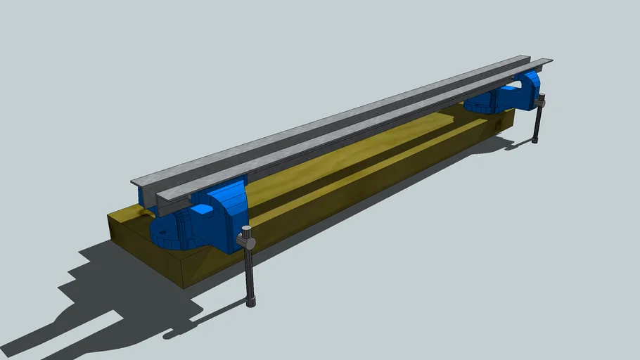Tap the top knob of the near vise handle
click(x=245, y=231)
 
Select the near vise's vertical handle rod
click(x=249, y=274)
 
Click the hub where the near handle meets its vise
click(x=247, y=243)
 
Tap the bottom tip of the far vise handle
click(x=537, y=141)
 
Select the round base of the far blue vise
click(x=482, y=106)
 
